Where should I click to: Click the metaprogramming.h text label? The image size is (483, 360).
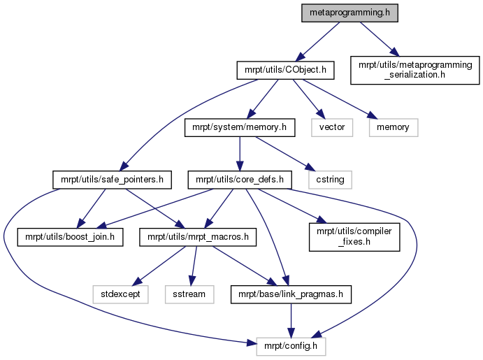pyautogui.click(x=349, y=13)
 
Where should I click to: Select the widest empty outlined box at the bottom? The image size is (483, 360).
pyautogui.click(x=291, y=347)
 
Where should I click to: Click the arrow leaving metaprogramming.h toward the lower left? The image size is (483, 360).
pyautogui.click(x=318, y=41)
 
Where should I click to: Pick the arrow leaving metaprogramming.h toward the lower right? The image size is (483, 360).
pyautogui.click(x=377, y=38)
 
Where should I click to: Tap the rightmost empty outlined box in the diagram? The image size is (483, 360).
pyautogui.click(x=394, y=127)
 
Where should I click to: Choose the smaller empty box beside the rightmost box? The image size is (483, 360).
pyautogui.click(x=332, y=127)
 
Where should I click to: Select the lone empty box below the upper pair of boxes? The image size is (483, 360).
pyautogui.click(x=330, y=180)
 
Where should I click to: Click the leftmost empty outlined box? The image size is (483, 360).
pyautogui.click(x=120, y=294)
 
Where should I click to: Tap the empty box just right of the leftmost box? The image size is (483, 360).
pyautogui.click(x=189, y=294)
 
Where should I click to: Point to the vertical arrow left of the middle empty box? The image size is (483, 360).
pyautogui.click(x=240, y=152)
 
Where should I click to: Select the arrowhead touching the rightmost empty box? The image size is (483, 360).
pyautogui.click(x=371, y=115)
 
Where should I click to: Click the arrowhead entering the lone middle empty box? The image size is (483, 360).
pyautogui.click(x=311, y=167)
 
